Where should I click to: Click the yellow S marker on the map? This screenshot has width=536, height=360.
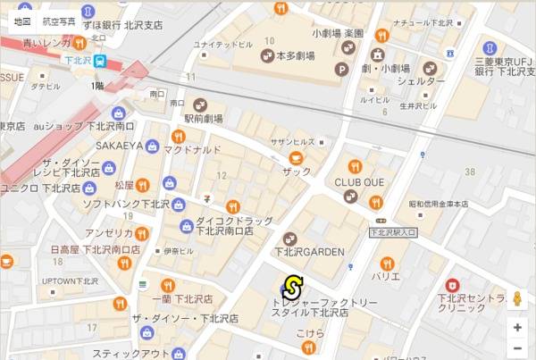pyautogui.click(x=290, y=288)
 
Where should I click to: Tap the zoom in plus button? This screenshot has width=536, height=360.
pyautogui.click(x=517, y=327)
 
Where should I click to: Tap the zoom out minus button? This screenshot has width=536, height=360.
pyautogui.click(x=517, y=348)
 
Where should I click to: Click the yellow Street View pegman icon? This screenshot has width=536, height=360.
pyautogui.click(x=517, y=298)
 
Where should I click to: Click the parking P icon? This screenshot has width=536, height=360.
pyautogui.click(x=340, y=69)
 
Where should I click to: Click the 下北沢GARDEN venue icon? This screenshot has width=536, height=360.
pyautogui.click(x=289, y=239)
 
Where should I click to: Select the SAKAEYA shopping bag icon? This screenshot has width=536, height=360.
pyautogui.click(x=153, y=146)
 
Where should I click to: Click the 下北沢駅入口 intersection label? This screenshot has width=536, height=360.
pyautogui.click(x=393, y=233)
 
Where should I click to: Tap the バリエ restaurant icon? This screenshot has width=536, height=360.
pyautogui.click(x=386, y=264)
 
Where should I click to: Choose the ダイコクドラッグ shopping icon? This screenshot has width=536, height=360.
pyautogui.click(x=186, y=225)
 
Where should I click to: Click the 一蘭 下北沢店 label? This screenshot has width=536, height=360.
pyautogui.click(x=182, y=298)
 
